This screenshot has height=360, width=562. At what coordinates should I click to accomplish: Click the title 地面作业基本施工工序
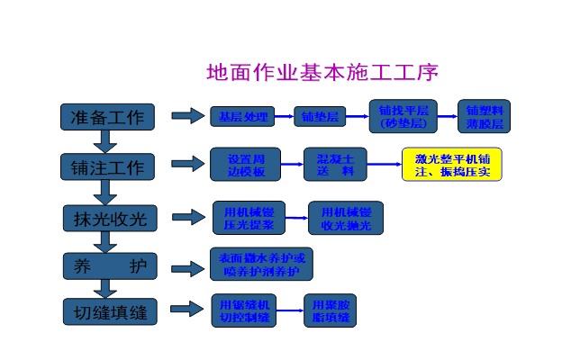coord(322,72)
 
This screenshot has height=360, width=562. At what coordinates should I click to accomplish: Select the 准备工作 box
coord(107,117)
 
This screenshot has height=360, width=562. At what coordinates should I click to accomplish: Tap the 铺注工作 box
coord(107,167)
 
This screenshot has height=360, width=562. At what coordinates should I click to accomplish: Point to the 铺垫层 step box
coord(320,117)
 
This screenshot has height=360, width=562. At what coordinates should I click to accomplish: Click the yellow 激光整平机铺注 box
coord(451,165)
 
